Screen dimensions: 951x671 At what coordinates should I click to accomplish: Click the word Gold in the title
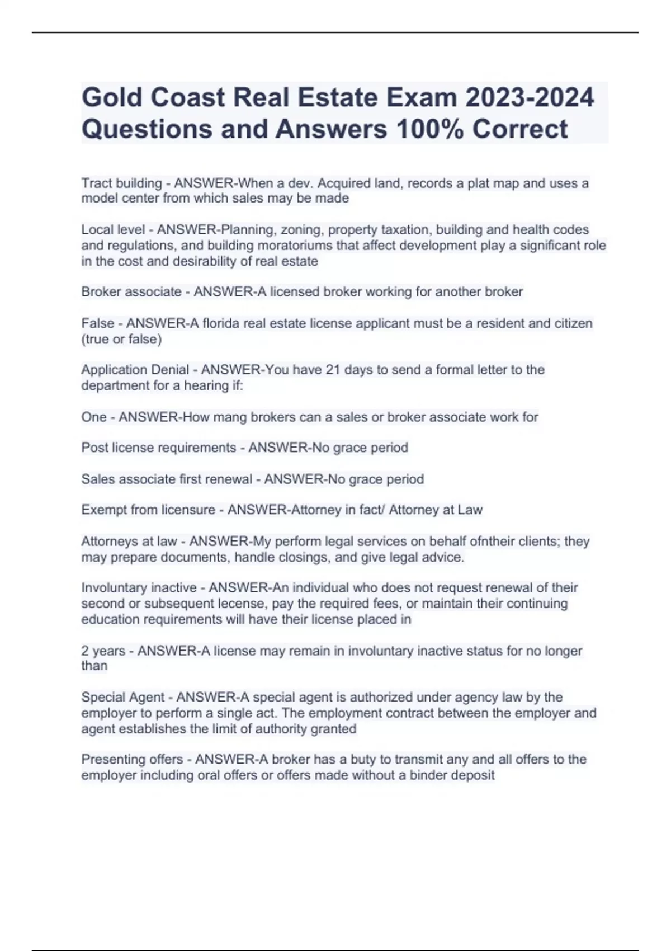(x=111, y=97)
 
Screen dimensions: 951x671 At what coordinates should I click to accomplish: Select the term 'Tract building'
(x=121, y=183)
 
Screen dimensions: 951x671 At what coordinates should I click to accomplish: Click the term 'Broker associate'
(x=131, y=291)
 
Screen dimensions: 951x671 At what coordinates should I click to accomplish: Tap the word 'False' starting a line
(x=97, y=323)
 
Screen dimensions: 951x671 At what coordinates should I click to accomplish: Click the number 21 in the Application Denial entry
(x=333, y=370)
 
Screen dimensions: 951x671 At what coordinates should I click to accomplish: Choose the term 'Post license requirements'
(x=159, y=448)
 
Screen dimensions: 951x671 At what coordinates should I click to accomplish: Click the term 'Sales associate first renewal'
(x=167, y=479)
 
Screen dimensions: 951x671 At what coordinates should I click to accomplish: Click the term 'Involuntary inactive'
(x=139, y=587)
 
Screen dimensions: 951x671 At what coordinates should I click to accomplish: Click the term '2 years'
(x=103, y=651)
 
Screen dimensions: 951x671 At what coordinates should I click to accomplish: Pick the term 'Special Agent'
(x=123, y=697)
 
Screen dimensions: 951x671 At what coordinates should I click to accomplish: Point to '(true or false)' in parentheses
(x=121, y=339)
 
